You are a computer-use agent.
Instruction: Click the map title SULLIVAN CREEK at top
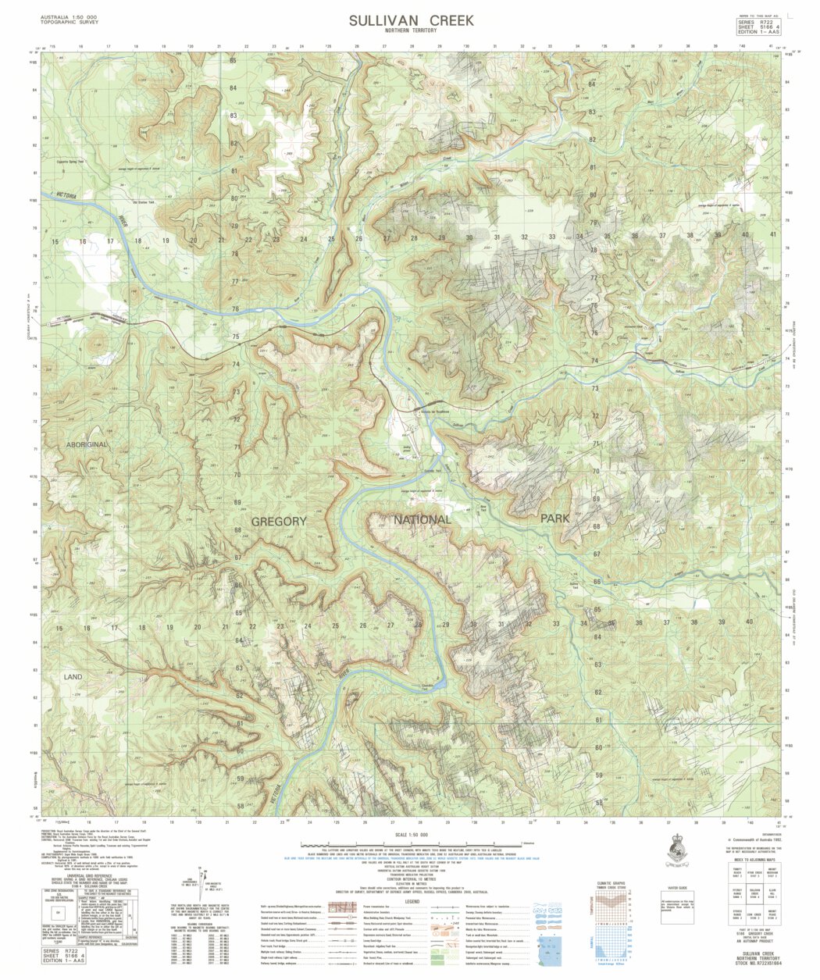411,20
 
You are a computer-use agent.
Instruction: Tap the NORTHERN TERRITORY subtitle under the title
411,31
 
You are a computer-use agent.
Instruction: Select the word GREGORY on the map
279,521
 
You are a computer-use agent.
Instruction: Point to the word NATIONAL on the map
422,519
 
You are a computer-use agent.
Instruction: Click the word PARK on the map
554,518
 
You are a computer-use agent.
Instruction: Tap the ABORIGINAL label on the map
87,444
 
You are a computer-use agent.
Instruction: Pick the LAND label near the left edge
73,677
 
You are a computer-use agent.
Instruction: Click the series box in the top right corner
759,27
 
